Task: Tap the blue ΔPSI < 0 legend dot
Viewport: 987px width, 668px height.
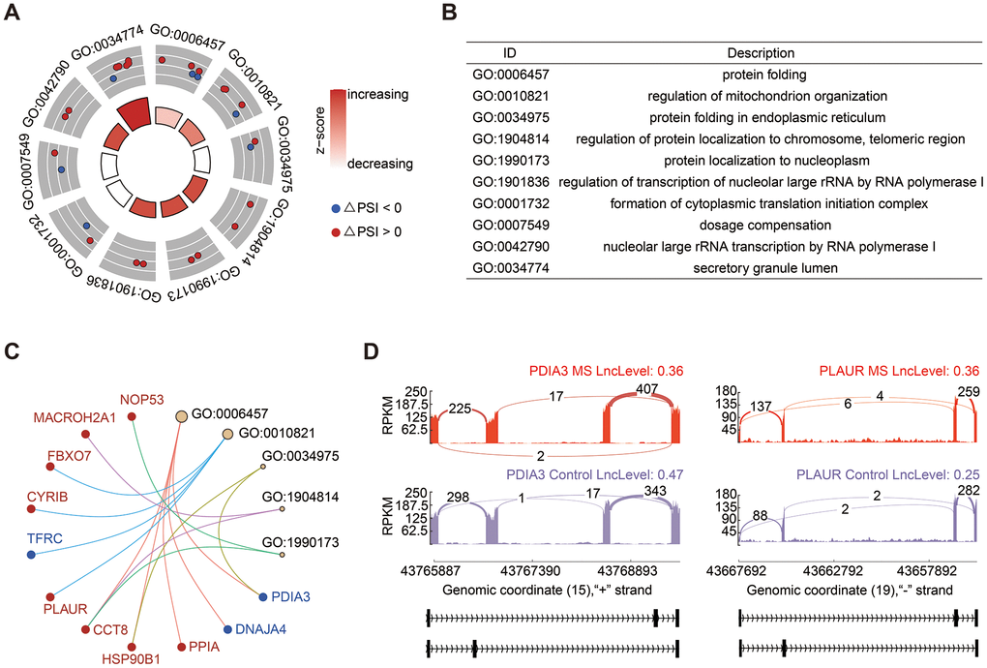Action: pyautogui.click(x=335, y=207)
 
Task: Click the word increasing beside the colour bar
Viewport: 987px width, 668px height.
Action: pyautogui.click(x=379, y=95)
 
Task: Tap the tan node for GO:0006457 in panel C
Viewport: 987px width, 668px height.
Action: pyautogui.click(x=180, y=416)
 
